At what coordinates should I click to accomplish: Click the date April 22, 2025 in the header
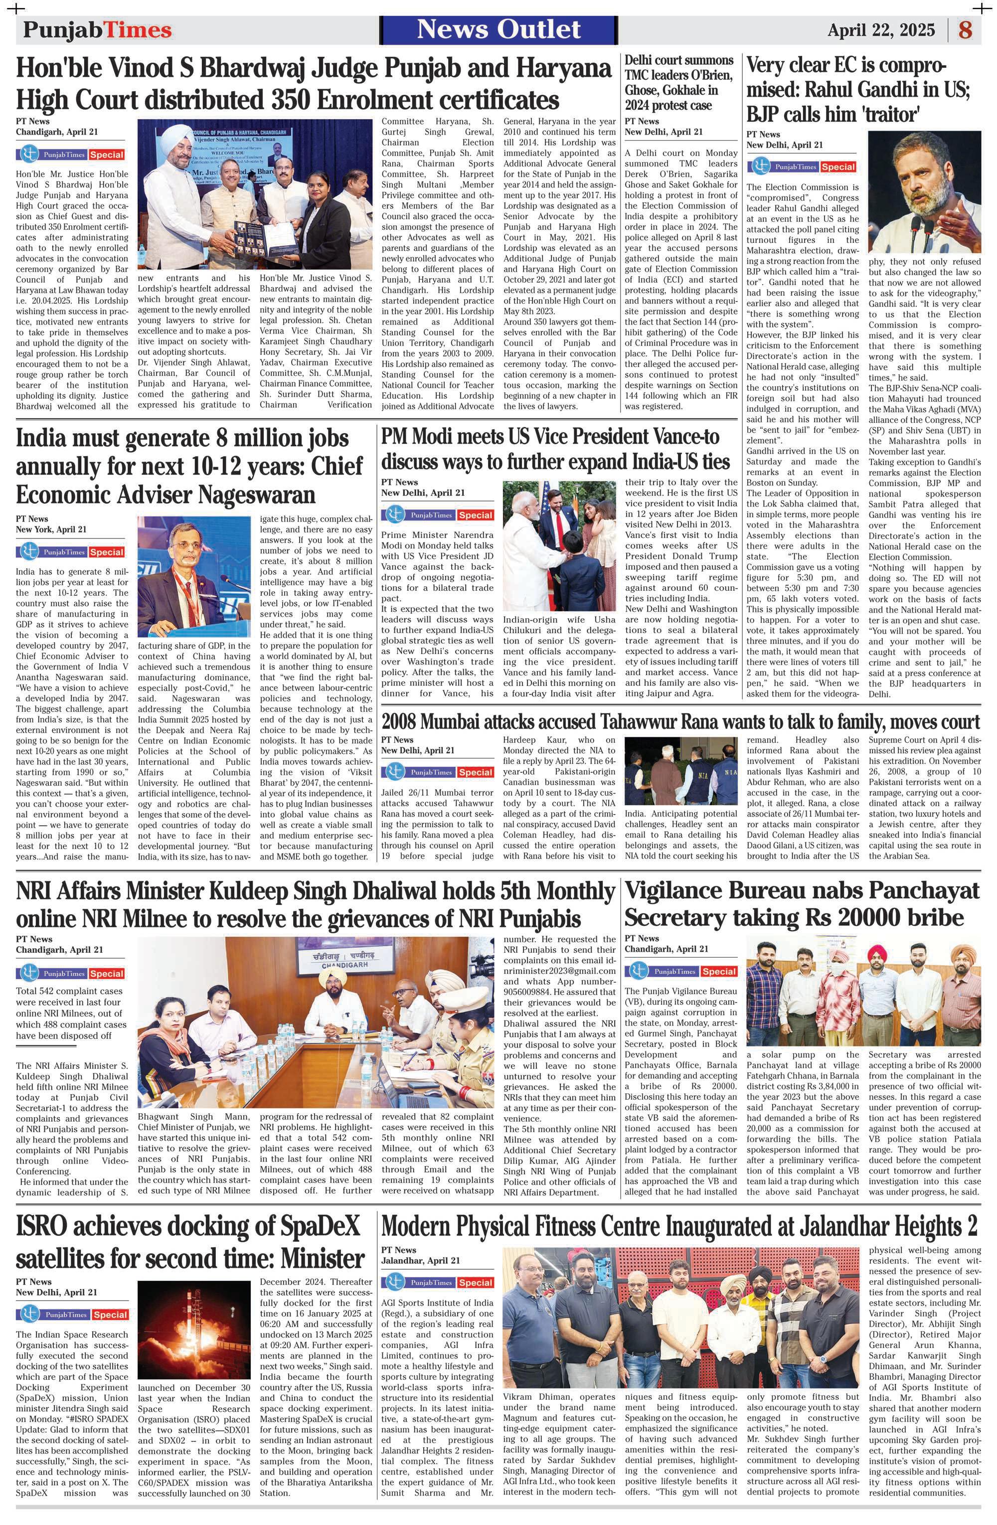click(x=881, y=30)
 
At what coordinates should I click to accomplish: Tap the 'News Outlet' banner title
click(x=499, y=29)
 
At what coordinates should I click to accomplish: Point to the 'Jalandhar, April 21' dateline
click(x=420, y=1260)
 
